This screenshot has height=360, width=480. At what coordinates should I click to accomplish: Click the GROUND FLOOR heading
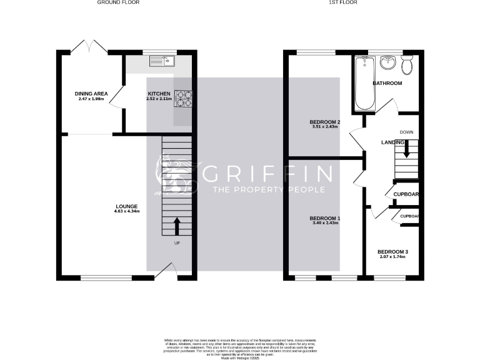(118, 2)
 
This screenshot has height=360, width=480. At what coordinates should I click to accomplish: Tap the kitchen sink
(164, 61)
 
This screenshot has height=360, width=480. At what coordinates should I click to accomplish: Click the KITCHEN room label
(159, 94)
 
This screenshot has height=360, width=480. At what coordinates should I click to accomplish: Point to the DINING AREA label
(92, 94)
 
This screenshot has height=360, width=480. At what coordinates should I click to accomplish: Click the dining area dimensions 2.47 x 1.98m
(92, 99)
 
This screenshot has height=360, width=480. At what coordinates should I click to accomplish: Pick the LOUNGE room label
(126, 206)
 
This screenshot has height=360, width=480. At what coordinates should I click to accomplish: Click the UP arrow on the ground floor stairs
(176, 225)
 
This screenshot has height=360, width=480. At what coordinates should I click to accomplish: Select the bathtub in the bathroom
(364, 82)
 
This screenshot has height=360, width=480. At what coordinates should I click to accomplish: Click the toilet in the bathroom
(407, 64)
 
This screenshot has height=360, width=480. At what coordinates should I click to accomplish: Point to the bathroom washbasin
(388, 62)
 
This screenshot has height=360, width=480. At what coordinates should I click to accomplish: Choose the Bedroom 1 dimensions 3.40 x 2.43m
(325, 223)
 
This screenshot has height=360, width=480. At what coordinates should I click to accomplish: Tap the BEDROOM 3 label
(392, 251)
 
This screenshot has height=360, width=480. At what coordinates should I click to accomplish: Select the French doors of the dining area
(88, 46)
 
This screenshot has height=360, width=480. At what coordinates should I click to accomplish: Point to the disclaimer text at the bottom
(240, 347)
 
